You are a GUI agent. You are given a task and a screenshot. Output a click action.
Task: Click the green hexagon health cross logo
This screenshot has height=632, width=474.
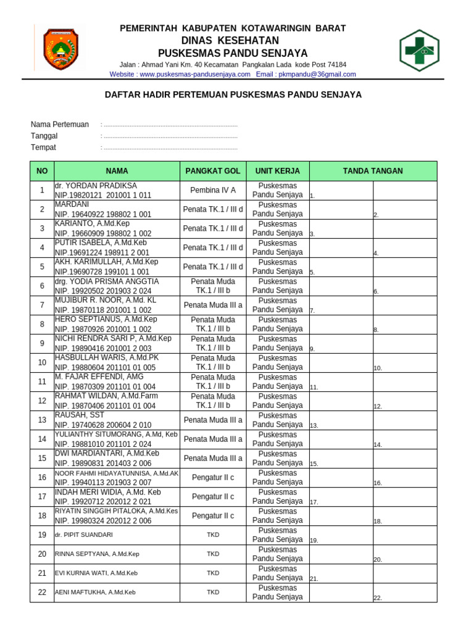click(x=419, y=50)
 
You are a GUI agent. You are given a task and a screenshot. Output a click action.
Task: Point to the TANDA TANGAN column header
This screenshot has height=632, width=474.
click(x=373, y=171)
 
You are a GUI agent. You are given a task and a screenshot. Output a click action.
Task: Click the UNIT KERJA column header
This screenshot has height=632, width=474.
click(x=278, y=171)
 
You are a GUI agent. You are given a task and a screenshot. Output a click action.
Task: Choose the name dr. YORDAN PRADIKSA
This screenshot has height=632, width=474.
click(x=96, y=186)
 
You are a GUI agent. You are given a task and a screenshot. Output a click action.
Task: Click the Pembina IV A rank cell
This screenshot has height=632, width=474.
click(x=213, y=190)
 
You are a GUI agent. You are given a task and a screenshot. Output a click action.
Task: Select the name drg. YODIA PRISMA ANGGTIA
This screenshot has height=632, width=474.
click(x=107, y=281)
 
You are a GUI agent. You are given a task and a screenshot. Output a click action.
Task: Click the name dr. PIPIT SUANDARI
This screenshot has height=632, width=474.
click(x=84, y=535)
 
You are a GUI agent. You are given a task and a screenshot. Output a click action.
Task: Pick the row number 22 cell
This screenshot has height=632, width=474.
click(x=42, y=592)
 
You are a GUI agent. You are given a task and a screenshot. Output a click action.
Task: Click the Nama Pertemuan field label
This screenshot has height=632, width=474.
click(x=60, y=125)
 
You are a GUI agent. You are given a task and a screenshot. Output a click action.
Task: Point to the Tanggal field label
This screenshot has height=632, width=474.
click(x=44, y=136)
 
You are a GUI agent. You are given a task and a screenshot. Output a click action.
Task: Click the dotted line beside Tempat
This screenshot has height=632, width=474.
click(x=170, y=148)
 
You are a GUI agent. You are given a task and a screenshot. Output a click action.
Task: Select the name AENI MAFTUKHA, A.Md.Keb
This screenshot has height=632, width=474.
click(x=95, y=592)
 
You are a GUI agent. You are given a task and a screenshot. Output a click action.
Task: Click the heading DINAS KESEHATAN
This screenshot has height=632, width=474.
click(x=233, y=41)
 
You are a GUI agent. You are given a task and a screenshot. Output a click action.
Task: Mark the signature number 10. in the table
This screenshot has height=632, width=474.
click(x=378, y=368)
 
